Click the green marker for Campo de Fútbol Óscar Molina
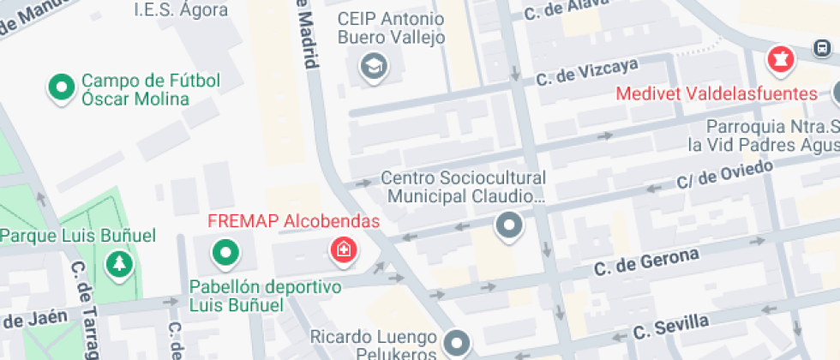(x=62, y=87)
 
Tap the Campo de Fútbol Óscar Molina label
(x=151, y=90)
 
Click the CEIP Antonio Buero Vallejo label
(x=391, y=28)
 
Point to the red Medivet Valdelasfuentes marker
(x=781, y=59)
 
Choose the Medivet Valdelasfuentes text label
(x=717, y=93)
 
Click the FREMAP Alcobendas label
(x=294, y=221)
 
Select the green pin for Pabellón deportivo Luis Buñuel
(x=225, y=251)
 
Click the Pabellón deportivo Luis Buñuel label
(x=265, y=295)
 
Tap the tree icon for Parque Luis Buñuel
(x=118, y=262)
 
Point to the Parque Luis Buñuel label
(x=77, y=235)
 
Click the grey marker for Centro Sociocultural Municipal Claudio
(x=510, y=226)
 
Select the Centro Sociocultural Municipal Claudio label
(x=464, y=187)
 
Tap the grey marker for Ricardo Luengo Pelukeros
(x=458, y=344)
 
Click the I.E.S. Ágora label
(x=181, y=10)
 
